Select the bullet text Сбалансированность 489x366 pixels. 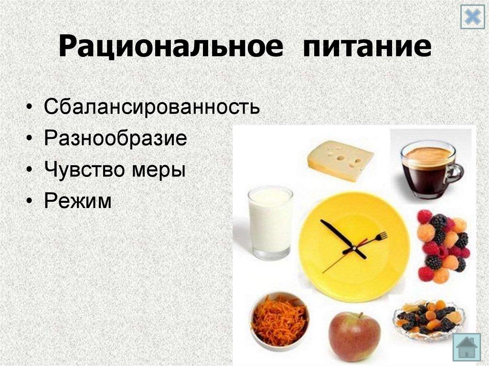(152, 106)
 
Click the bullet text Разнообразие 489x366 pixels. (116, 138)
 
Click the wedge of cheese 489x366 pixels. (340, 160)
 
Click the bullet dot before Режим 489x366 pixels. (31, 201)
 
